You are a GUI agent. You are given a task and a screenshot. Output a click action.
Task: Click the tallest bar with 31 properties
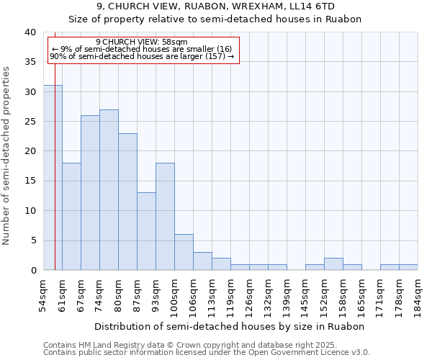coord(53,178)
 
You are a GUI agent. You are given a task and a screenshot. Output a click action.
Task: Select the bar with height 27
coord(109,190)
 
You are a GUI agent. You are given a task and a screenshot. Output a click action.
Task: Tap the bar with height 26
coord(90,193)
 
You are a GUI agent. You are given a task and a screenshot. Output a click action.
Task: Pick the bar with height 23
coord(127,202)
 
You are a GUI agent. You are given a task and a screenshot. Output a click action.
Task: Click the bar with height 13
coord(146,231)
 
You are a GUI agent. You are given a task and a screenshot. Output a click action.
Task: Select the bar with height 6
coord(184,252)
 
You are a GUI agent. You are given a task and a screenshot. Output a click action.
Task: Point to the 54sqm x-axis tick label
coord(43,295)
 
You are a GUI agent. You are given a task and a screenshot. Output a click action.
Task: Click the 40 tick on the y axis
coord(30,32)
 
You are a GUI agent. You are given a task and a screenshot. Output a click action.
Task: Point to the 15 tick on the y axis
coord(30,181)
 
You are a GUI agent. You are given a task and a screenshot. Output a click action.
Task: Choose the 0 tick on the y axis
coord(32,270)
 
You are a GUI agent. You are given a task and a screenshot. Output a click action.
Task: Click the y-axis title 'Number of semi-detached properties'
coord(7,155)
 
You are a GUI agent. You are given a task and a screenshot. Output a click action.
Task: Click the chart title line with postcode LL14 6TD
coord(215,6)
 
